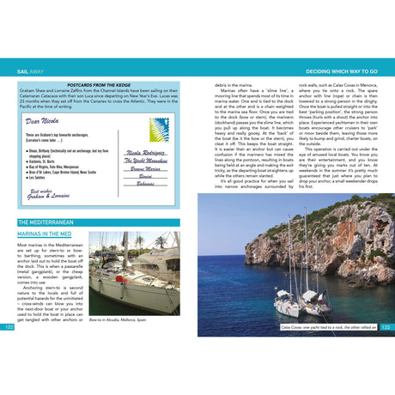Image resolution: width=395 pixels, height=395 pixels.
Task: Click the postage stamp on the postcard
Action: coord(161,130)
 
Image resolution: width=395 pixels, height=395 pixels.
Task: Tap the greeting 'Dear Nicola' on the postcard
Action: coord(45,121)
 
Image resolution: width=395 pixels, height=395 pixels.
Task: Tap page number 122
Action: coord(9,327)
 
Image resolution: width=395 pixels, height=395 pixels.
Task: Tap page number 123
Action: coord(386,327)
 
